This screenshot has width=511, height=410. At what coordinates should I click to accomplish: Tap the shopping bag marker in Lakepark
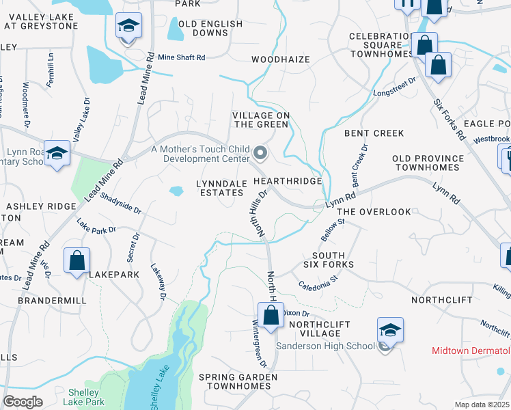tap(77, 260)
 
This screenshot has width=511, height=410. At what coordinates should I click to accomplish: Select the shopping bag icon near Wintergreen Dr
tap(271, 316)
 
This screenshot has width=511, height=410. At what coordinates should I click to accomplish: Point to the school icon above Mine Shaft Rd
tap(128, 26)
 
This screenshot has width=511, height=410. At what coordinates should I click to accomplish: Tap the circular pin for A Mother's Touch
tap(260, 152)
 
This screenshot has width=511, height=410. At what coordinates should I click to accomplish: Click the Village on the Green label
tap(262, 120)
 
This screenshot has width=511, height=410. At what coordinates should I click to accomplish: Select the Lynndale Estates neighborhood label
tap(220, 188)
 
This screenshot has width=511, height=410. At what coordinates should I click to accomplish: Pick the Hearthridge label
tap(287, 181)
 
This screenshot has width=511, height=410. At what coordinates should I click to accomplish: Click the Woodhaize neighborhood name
tap(281, 59)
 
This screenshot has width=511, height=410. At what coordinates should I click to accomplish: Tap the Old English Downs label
tap(210, 28)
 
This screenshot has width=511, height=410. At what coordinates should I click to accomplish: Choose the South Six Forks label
tap(328, 259)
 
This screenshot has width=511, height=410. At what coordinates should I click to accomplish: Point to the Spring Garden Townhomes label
tap(238, 381)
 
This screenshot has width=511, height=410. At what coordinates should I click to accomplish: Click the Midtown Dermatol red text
tap(471, 351)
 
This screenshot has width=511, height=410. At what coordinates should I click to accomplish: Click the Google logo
tap(23, 402)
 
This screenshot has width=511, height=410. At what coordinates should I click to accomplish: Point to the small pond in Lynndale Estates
tap(176, 191)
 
